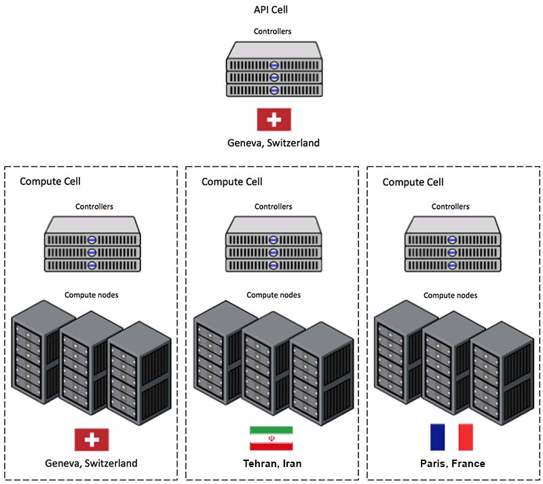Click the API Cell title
click(x=270, y=9)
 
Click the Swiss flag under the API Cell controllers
click(x=274, y=120)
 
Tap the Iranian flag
click(x=271, y=439)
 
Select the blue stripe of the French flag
click(x=437, y=437)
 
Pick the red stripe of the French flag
click(x=466, y=437)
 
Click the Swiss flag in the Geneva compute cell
click(x=92, y=440)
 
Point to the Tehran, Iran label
click(x=272, y=464)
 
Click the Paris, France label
click(x=453, y=464)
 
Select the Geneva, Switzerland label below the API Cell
click(x=274, y=143)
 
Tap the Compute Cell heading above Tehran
click(x=231, y=182)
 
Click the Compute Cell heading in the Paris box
click(x=413, y=182)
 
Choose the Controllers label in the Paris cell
click(x=450, y=207)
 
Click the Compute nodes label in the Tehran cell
click(x=274, y=295)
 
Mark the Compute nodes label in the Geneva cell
click(x=92, y=295)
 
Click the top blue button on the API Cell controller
click(x=274, y=65)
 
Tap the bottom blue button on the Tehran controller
click(x=274, y=265)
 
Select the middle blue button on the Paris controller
click(x=452, y=253)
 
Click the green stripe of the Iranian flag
click(x=271, y=430)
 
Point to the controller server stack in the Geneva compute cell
click(x=92, y=244)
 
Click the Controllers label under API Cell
click(x=273, y=31)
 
